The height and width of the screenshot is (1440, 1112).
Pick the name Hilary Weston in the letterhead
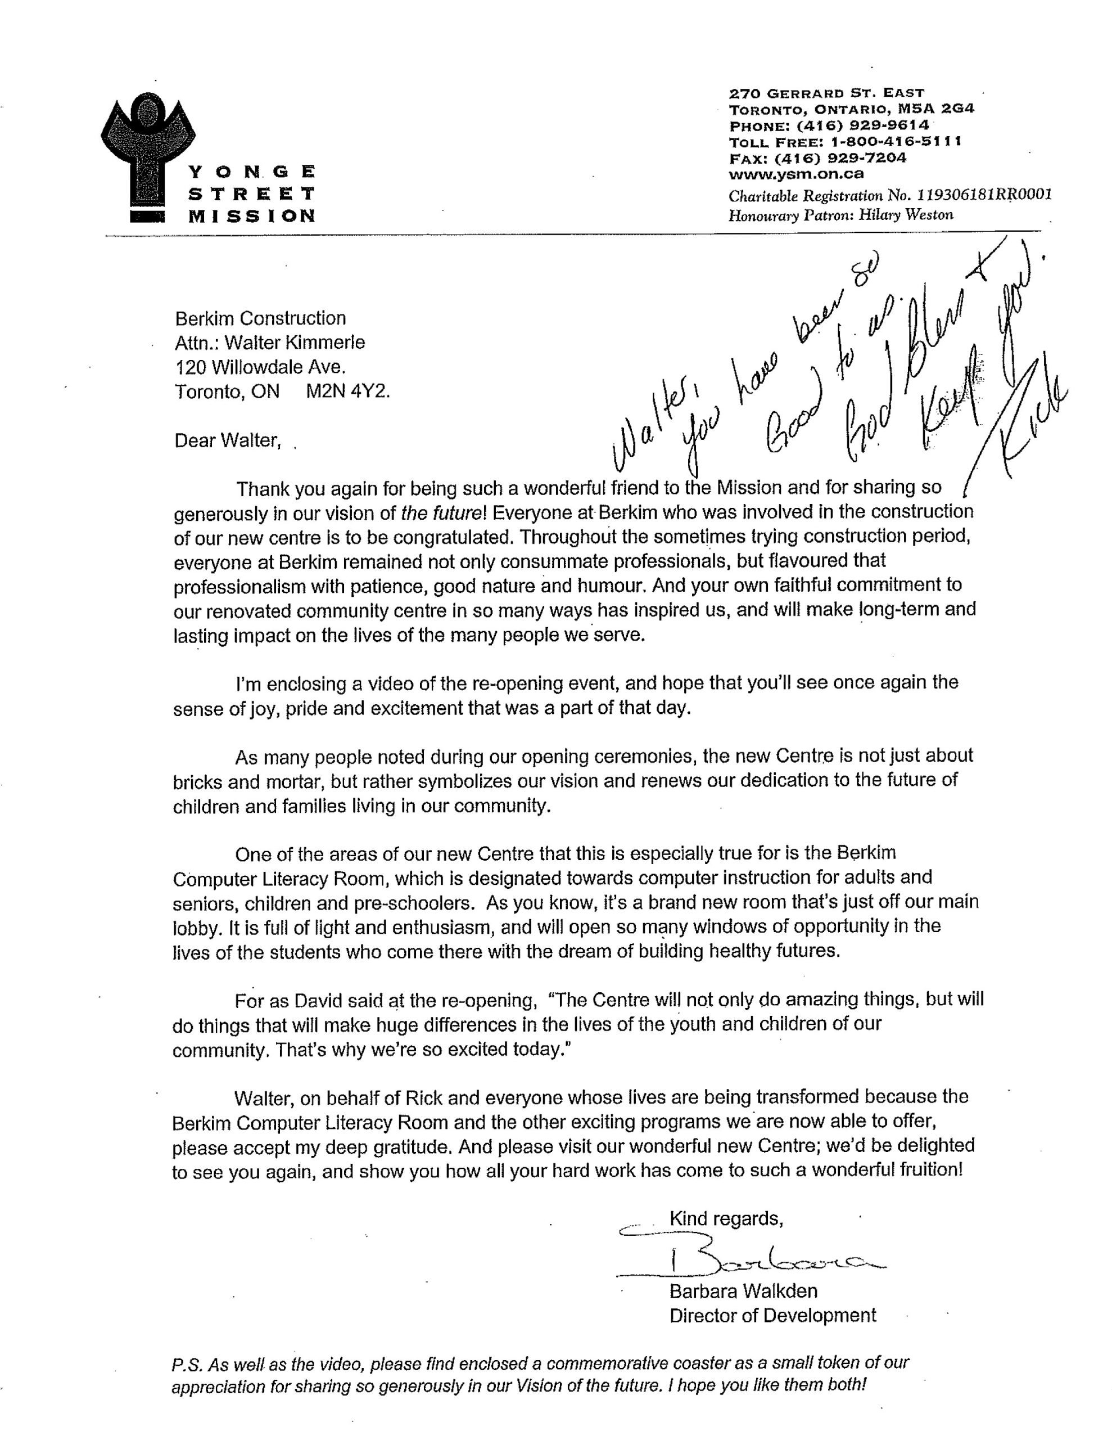point(906,215)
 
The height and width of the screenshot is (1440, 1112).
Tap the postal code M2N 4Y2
point(347,391)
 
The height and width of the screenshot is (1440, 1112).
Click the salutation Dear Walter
point(228,440)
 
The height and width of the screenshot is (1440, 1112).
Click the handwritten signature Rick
point(1028,415)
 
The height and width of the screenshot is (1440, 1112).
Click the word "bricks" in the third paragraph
point(197,782)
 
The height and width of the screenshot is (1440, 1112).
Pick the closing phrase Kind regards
point(726,1218)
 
